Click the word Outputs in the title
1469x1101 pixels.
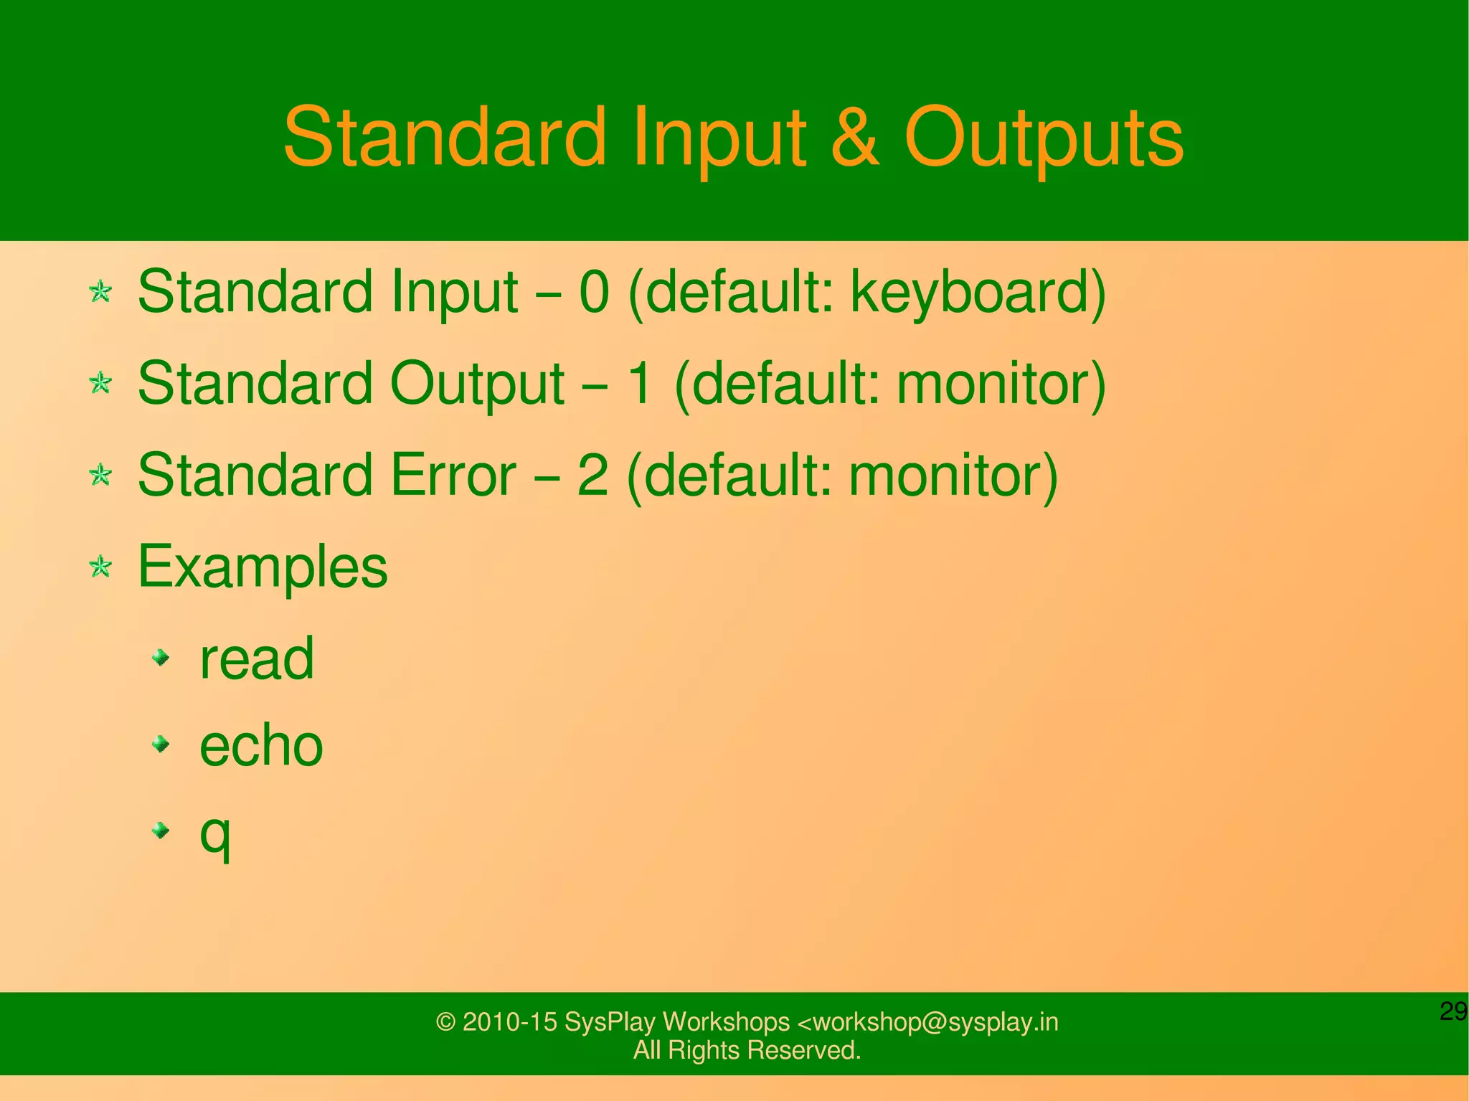click(x=1043, y=138)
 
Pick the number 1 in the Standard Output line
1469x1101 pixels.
click(x=638, y=383)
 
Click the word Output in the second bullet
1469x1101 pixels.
click(x=476, y=384)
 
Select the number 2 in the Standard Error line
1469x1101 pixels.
click(x=592, y=475)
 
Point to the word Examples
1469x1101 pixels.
click(x=263, y=567)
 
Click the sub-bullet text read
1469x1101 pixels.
click(x=257, y=658)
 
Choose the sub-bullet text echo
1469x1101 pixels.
click(x=261, y=746)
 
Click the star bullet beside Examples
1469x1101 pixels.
click(x=100, y=567)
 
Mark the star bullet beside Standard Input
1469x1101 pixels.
click(x=100, y=291)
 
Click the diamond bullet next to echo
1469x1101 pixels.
click(x=161, y=745)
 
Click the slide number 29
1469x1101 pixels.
click(x=1453, y=1011)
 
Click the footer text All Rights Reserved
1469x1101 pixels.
click(x=746, y=1050)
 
